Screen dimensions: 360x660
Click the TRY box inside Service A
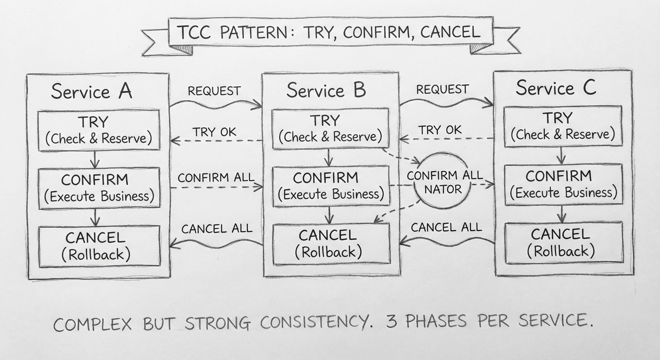pyautogui.click(x=98, y=130)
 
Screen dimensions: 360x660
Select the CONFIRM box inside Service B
pyautogui.click(x=331, y=186)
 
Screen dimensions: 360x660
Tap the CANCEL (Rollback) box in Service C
pyautogui.click(x=563, y=243)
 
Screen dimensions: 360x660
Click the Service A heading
pyautogui.click(x=92, y=91)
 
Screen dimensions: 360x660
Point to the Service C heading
pyautogui.click(x=556, y=88)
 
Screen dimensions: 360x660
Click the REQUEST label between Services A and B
pyautogui.click(x=214, y=91)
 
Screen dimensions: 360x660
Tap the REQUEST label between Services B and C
pyautogui.click(x=442, y=89)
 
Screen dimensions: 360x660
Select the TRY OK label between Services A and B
pyautogui.click(x=215, y=132)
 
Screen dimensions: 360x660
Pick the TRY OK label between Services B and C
pyautogui.click(x=440, y=130)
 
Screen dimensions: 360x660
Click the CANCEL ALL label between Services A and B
pyautogui.click(x=217, y=229)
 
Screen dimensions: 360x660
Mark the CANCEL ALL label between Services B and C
pyautogui.click(x=446, y=227)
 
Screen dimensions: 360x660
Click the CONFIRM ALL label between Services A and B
pyautogui.click(x=216, y=178)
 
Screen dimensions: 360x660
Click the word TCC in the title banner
pyautogui.click(x=194, y=33)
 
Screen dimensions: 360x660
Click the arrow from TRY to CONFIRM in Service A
pyautogui.click(x=95, y=159)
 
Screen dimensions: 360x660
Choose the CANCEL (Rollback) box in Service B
pyautogui.click(x=331, y=243)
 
